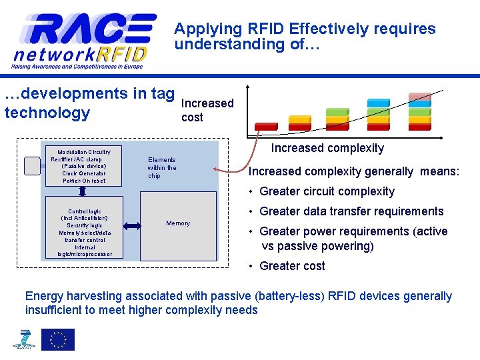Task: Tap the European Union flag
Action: [58, 339]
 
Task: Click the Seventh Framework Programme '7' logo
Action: [25, 339]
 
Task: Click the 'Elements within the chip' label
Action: [162, 168]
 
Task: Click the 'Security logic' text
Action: [85, 225]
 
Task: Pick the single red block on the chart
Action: [266, 126]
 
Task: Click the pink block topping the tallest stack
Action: [419, 97]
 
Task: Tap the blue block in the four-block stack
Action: [379, 103]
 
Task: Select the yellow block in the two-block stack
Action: [299, 119]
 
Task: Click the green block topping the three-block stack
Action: [337, 111]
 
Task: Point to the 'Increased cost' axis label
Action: [207, 110]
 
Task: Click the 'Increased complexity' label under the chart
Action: [327, 148]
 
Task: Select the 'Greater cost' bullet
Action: [292, 266]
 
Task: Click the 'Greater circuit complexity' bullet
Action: [327, 191]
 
